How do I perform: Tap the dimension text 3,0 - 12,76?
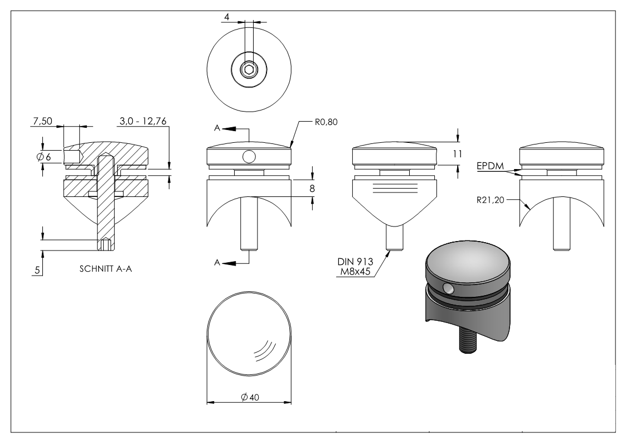tap(143, 121)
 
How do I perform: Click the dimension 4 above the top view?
tap(226, 17)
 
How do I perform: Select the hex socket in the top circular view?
tap(249, 69)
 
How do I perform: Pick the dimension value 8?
tap(312, 189)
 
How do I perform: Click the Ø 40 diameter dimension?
tap(249, 396)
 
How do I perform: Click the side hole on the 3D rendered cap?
tap(448, 288)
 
